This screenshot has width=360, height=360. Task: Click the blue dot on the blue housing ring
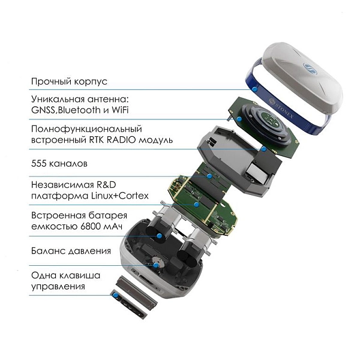pos(254,89)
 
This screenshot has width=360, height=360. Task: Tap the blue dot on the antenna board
pos(239,119)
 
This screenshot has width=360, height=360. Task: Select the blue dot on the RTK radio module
pos(264,149)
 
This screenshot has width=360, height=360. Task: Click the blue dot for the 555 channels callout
pos(209,176)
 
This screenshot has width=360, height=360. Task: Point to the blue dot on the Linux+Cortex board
pos(196,205)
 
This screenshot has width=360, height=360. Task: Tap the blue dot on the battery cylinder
pos(160,236)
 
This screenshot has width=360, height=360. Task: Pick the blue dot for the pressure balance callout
pos(156,265)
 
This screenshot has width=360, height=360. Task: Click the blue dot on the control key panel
pos(116,295)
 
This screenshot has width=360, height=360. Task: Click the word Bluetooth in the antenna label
pos(79,110)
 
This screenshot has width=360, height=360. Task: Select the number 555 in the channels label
pos(39,164)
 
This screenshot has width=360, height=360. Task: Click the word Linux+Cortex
pos(119,196)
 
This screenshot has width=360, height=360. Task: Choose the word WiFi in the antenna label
pos(120,110)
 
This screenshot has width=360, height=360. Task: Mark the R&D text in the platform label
pos(106,185)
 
